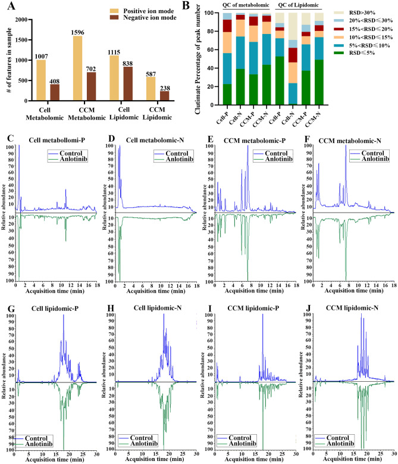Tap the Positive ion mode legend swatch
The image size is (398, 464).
118,11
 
